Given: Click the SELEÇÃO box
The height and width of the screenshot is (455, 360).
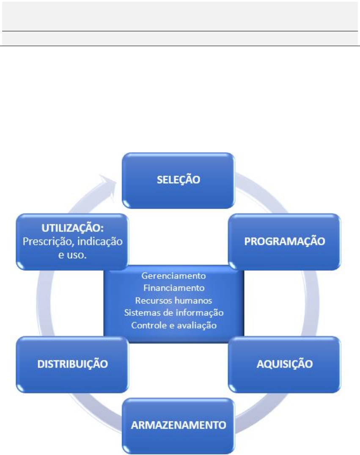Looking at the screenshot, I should point(178,180).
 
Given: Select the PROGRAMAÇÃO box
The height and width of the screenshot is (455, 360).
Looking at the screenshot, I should point(284,241).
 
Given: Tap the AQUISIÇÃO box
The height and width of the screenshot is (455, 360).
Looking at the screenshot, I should point(284,364).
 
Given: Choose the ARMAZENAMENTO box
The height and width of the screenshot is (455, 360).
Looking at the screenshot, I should point(178,425).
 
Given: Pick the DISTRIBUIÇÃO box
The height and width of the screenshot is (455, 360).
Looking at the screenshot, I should point(72,364).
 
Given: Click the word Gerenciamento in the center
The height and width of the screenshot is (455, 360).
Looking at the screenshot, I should point(174,276).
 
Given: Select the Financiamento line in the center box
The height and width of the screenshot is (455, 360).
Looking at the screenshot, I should point(174,288).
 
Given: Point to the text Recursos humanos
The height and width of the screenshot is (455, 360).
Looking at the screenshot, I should point(174,301).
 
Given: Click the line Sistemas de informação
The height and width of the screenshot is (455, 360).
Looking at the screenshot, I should point(174,313).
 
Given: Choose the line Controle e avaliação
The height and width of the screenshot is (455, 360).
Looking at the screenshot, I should point(174,325).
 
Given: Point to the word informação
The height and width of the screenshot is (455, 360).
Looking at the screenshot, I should point(202,313).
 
